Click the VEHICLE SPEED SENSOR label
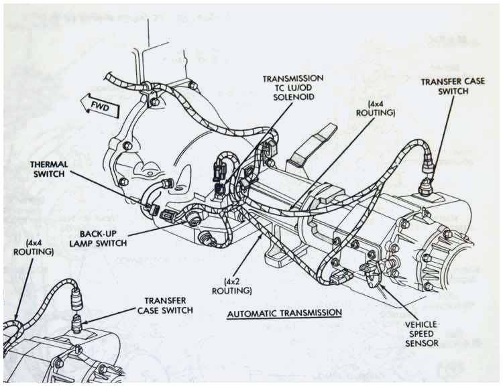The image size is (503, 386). click(x=421, y=333)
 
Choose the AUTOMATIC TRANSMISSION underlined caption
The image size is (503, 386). click(x=285, y=313)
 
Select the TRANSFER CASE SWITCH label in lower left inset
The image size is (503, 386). click(x=165, y=305)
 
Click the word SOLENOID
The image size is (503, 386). click(x=293, y=99)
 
